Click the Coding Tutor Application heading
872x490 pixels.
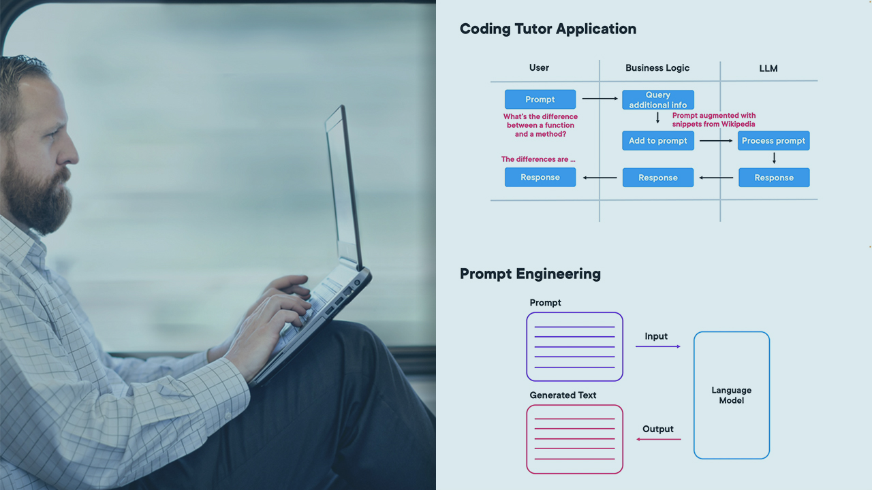[548, 29]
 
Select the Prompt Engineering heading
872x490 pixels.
[530, 274]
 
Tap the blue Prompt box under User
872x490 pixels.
[540, 99]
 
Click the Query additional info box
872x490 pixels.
[658, 100]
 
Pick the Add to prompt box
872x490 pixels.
[658, 141]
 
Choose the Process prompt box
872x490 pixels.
[773, 141]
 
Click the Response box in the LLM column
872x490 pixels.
[774, 178]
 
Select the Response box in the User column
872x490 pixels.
[540, 178]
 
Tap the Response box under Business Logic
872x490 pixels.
[658, 178]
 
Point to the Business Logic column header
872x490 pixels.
[657, 68]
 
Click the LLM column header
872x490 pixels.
[768, 68]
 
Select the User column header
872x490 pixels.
[539, 68]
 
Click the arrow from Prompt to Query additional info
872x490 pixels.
[599, 99]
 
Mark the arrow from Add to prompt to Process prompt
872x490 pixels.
[715, 141]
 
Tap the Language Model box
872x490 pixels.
[732, 395]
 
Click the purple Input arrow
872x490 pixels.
[658, 346]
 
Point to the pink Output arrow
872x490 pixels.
[658, 439]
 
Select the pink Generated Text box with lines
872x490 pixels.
[574, 439]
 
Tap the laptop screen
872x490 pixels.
[342, 184]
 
